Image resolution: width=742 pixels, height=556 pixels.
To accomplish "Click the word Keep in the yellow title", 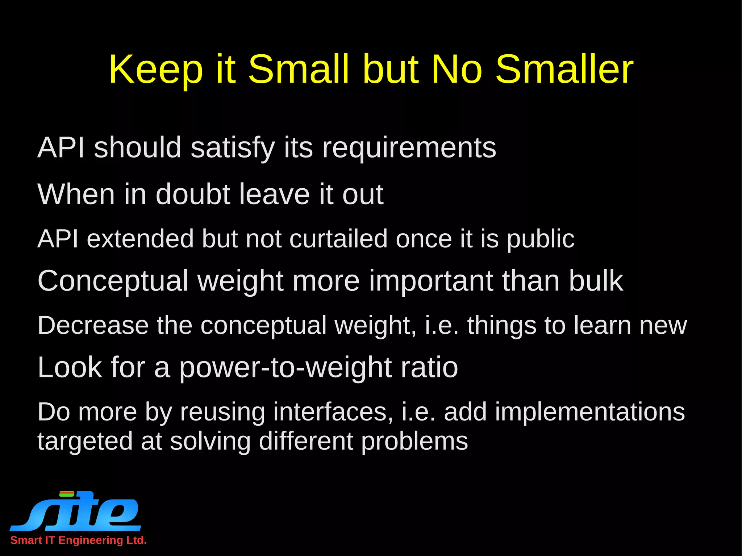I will point(155,69).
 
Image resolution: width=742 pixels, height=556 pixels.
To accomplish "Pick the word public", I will point(540,239).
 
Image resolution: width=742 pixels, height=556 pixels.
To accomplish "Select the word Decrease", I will point(93,325).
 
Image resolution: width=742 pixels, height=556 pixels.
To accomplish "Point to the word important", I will point(431,281).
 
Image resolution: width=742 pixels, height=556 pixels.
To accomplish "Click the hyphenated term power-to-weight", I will point(285,368).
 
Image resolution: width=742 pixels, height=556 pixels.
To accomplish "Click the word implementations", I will point(589,412).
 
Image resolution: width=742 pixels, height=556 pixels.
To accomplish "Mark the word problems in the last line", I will point(414,442).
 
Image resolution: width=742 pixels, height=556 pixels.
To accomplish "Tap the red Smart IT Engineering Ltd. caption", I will point(78,540).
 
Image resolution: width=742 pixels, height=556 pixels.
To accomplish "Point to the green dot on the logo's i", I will point(67,493).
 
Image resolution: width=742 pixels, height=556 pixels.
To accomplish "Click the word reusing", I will point(222,412).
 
